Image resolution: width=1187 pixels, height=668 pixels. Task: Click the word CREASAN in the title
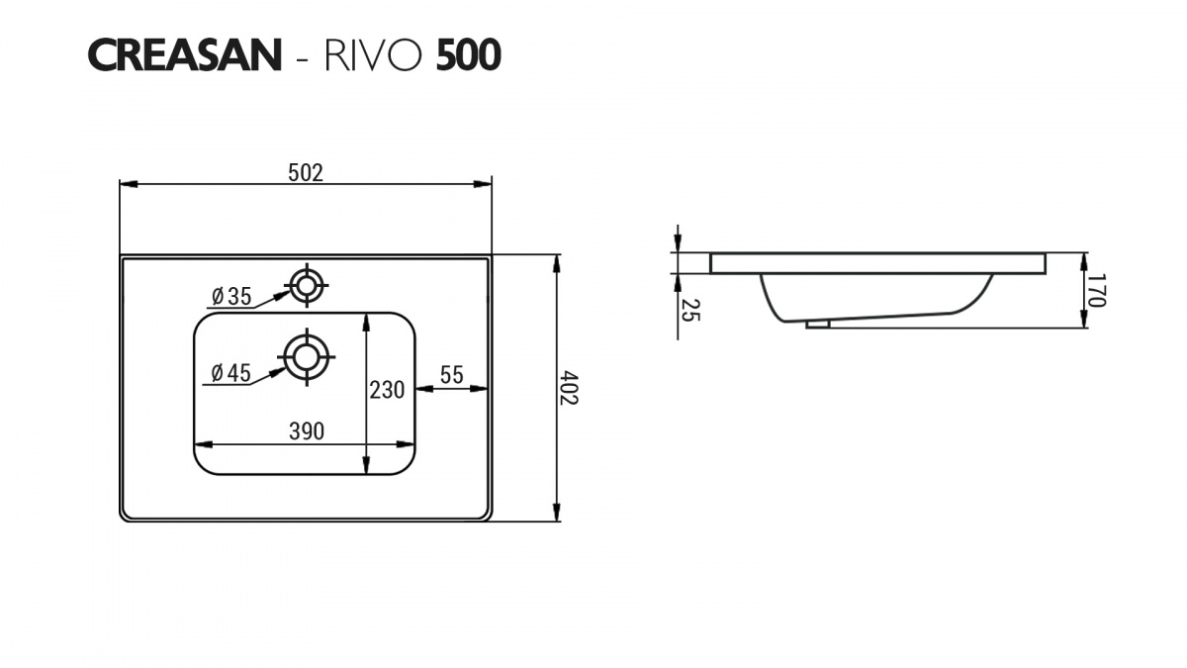[184, 55]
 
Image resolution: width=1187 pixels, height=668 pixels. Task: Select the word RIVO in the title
[374, 55]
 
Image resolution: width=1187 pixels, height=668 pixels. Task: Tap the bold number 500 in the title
[469, 55]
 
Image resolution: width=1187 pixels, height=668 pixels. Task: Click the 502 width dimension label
[306, 173]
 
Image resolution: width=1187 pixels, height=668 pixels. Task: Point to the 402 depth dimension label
[569, 388]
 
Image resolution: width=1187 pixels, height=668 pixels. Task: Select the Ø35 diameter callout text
[231, 296]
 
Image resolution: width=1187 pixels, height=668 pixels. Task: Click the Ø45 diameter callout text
[231, 373]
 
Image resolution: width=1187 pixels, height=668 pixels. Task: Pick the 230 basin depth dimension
[387, 390]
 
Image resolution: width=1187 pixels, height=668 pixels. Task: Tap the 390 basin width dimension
[307, 431]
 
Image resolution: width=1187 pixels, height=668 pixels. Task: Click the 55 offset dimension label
[451, 375]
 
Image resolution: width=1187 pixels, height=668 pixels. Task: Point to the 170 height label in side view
[1096, 290]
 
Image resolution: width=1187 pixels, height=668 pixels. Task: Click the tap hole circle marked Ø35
[307, 285]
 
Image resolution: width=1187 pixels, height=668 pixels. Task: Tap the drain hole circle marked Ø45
[307, 357]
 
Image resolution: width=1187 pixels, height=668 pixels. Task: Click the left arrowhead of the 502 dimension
[129, 184]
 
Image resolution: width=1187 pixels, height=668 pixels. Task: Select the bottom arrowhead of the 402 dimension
[556, 513]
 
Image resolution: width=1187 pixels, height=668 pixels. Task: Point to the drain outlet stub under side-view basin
[818, 324]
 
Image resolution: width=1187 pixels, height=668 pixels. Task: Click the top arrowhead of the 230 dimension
[366, 324]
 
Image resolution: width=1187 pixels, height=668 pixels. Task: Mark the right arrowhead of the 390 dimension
[405, 444]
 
